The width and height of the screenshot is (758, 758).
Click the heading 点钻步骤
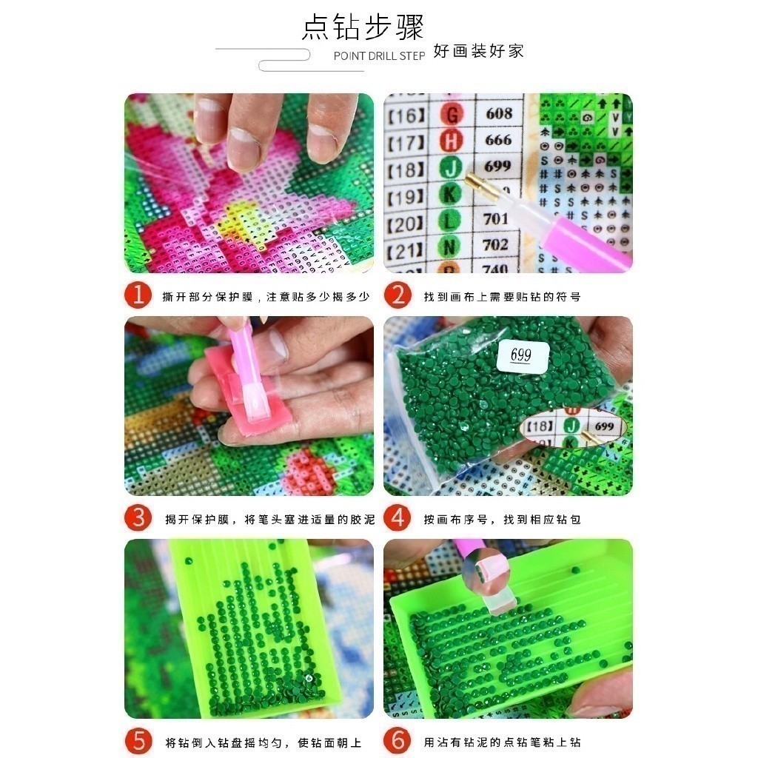pos(363,27)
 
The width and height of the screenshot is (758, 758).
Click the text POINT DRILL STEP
pos(379,56)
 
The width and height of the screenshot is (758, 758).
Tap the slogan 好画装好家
pos(478,52)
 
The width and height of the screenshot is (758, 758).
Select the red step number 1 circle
pos(138,295)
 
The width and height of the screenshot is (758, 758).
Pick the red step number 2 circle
pos(398,295)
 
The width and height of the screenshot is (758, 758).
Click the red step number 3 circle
pos(138,518)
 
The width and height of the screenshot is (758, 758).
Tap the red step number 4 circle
pos(398,518)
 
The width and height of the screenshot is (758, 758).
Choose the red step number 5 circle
pos(138,741)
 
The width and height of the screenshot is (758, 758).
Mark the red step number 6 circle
pos(398,741)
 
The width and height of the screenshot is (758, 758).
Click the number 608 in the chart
pos(499,113)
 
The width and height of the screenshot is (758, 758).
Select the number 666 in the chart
pos(498,139)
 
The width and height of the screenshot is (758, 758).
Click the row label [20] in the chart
pos(407,221)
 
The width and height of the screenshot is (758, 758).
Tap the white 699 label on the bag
pos(522,355)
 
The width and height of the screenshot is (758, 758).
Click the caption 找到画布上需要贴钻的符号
pos(502,296)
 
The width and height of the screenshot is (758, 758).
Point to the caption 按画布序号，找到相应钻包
pos(502,519)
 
